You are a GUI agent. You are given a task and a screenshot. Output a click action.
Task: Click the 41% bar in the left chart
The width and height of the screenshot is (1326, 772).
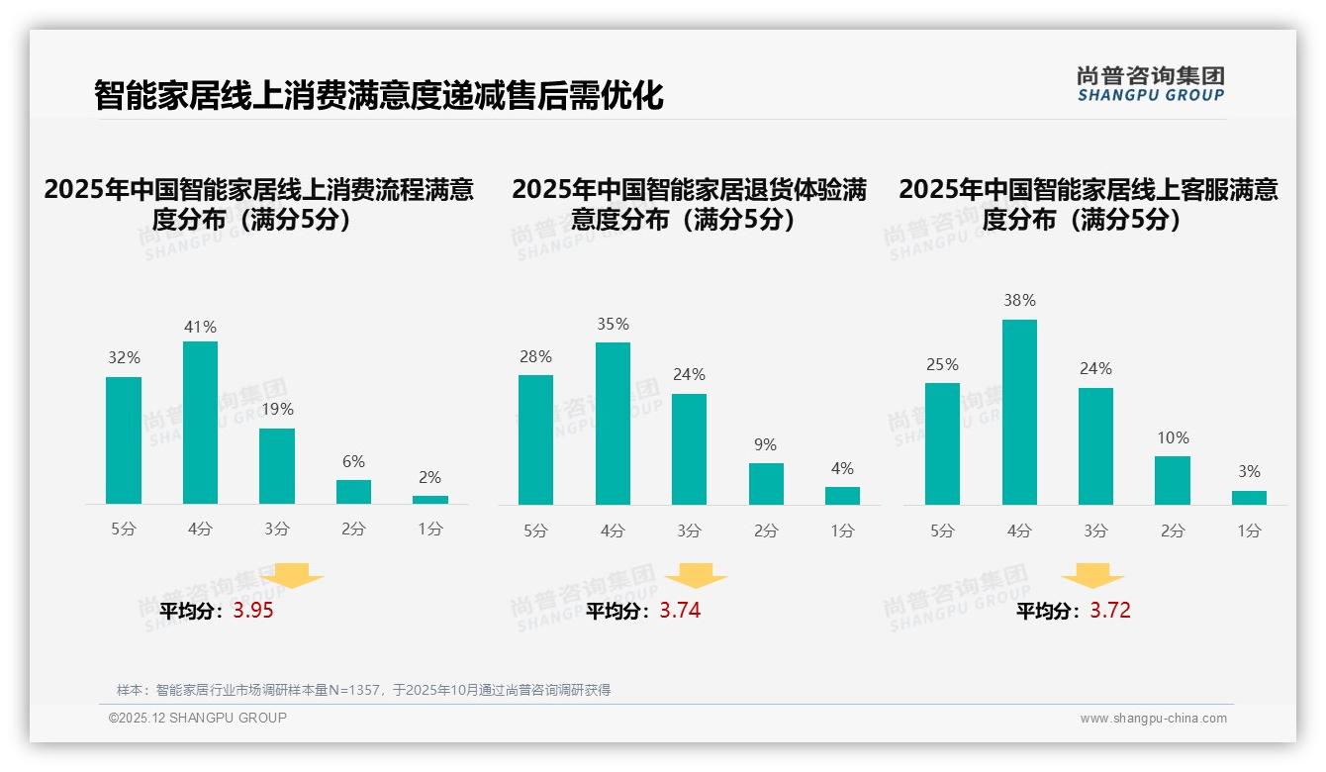[200, 423]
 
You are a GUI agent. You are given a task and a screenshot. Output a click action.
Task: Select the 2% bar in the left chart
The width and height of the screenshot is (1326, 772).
[430, 500]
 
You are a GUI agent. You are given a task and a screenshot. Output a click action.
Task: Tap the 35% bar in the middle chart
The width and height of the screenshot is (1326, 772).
[613, 424]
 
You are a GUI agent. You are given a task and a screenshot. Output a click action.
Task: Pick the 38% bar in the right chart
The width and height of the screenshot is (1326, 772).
[1019, 412]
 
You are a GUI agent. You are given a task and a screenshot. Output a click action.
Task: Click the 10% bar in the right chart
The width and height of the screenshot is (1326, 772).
[1173, 481]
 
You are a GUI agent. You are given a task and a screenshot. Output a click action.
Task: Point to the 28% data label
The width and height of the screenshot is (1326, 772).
[535, 357]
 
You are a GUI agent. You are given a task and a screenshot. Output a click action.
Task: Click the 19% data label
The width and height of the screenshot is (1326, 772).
[277, 409]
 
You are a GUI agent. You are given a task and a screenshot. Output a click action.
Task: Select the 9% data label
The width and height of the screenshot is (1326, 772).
[765, 445]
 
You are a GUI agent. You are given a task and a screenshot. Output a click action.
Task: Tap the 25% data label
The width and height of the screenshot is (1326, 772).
[942, 365]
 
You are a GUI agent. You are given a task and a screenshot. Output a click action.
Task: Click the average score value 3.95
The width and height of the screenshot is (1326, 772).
[253, 611]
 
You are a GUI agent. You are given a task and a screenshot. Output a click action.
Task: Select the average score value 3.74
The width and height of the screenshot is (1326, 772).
[680, 611]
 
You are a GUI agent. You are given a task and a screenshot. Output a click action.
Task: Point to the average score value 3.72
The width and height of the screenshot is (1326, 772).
[1109, 611]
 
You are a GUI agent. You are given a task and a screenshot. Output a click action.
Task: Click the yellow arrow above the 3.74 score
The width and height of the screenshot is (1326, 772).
[697, 576]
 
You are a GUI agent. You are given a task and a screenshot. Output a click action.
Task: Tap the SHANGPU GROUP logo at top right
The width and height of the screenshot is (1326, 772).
[1150, 84]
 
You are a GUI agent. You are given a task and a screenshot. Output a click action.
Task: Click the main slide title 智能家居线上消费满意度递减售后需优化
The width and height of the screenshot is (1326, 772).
[378, 96]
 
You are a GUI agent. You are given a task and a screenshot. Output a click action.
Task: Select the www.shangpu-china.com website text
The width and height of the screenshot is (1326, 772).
[1153, 719]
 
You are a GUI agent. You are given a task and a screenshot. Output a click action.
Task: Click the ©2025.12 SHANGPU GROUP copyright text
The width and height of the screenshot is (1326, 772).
[198, 718]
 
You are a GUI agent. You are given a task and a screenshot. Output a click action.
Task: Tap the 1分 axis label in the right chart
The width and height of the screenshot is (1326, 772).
[1249, 531]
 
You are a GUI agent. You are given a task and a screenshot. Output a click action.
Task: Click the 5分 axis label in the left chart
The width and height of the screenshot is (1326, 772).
[124, 530]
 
